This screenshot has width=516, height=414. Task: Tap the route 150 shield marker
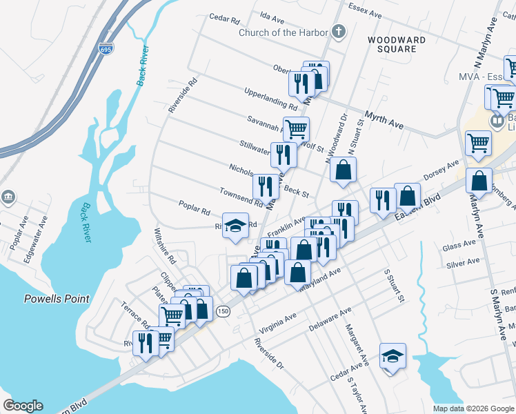222,312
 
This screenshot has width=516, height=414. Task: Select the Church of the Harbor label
283,32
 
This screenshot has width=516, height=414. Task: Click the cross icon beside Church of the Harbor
337,31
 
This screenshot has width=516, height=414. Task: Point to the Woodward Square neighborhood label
392,44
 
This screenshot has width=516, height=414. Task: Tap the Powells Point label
57,299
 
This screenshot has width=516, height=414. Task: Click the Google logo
23,406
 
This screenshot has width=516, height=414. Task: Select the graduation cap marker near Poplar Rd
235,226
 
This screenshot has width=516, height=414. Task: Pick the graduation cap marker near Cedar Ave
393,356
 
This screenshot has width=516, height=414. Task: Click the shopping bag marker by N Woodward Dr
343,170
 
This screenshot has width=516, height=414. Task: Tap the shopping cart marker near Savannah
296,128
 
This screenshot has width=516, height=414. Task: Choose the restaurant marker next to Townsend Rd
266,186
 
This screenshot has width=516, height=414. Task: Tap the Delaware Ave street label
331,319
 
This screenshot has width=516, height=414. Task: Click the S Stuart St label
396,286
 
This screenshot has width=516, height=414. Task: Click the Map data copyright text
473,408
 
